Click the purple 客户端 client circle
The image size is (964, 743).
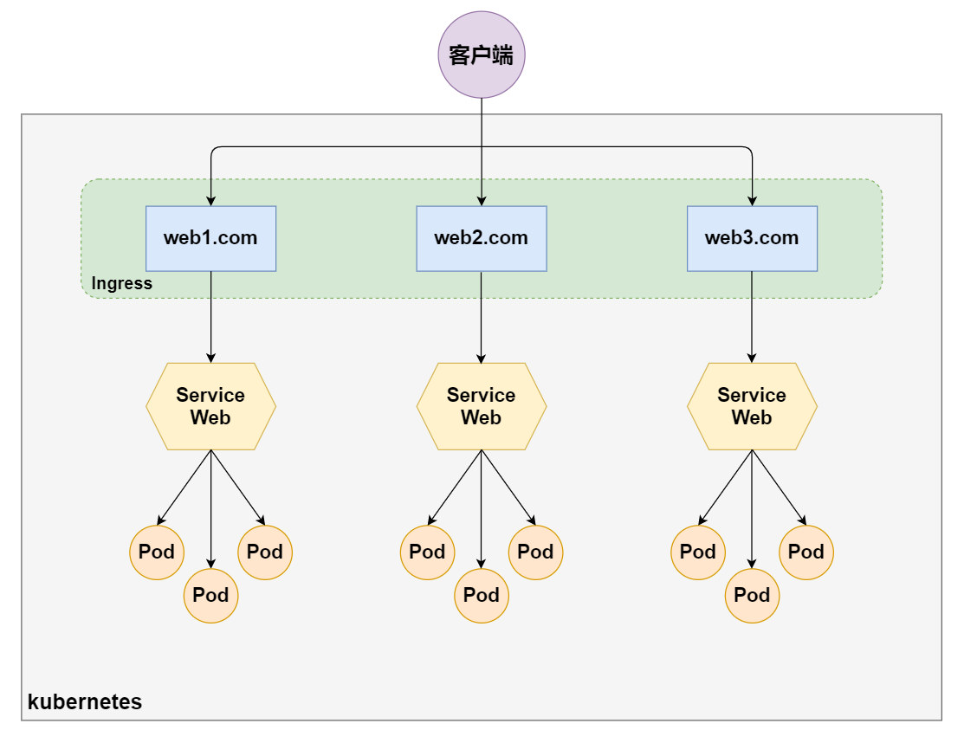481,55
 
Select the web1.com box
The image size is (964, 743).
210,238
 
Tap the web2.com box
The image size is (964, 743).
481,238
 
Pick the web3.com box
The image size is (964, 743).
752,238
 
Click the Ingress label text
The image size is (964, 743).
122,283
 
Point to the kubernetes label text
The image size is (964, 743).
85,701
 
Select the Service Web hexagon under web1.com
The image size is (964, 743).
210,406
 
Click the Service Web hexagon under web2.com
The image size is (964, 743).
481,406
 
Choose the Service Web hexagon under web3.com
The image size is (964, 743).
752,406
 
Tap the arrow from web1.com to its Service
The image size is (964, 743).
210,317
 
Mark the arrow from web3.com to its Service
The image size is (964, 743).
752,317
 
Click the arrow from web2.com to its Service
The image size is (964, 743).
481,317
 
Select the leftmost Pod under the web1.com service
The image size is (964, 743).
157,552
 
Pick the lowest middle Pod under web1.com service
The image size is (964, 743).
210,596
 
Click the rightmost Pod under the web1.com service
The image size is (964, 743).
265,552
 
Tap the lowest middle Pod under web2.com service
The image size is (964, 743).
481,596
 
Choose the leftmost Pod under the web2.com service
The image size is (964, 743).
427,552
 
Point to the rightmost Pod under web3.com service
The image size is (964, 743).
806,552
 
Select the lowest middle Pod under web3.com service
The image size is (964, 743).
752,596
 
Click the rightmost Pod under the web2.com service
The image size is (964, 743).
535,552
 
